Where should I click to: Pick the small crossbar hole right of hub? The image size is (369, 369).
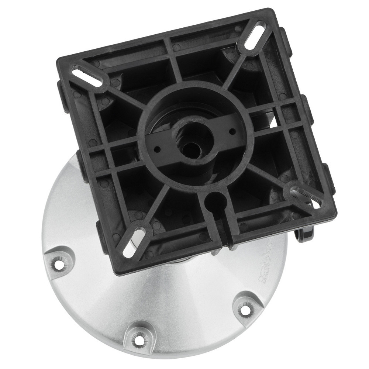click(232, 131)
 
